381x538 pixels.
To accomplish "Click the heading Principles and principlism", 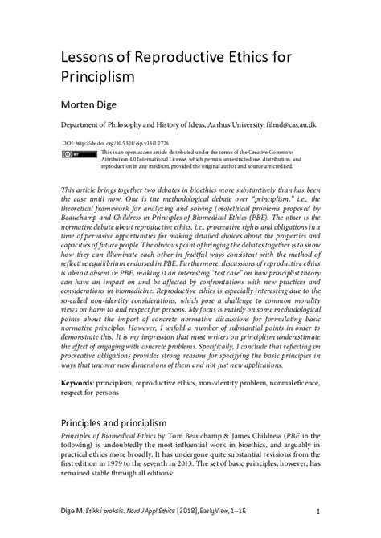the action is point(115,422).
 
